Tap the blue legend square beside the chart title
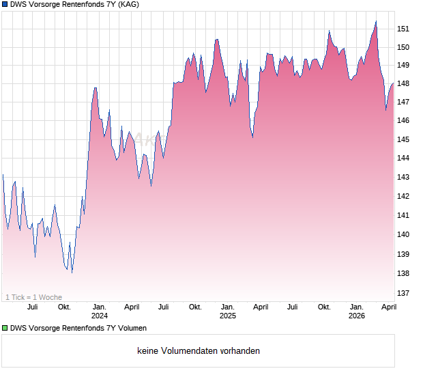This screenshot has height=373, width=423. tap(5, 5)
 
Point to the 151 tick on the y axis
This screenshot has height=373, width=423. tap(403, 29)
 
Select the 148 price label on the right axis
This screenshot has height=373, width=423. tap(403, 84)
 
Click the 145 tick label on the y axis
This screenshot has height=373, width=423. tap(403, 139)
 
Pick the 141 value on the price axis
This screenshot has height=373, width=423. tap(403, 216)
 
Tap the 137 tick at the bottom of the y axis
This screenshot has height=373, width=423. tap(403, 294)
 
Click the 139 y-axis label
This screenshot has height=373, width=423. tap(403, 254)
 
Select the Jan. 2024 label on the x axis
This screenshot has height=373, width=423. tap(100, 312)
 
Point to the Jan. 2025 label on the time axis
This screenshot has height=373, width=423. tap(228, 312)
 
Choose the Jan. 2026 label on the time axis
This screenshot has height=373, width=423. tap(356, 312)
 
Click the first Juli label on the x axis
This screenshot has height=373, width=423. tap(32, 307)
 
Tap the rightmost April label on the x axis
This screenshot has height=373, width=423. tap(388, 307)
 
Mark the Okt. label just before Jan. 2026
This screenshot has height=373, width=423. tap(324, 307)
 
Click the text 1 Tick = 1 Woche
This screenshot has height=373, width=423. tap(33, 297)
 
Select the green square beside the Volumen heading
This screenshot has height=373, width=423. tap(5, 329)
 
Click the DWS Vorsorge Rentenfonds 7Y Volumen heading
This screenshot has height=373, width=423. tap(78, 329)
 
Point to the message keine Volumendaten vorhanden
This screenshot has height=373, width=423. tap(199, 351)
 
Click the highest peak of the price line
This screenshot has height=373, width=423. tap(376, 21)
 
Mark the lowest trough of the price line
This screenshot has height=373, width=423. tap(72, 273)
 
